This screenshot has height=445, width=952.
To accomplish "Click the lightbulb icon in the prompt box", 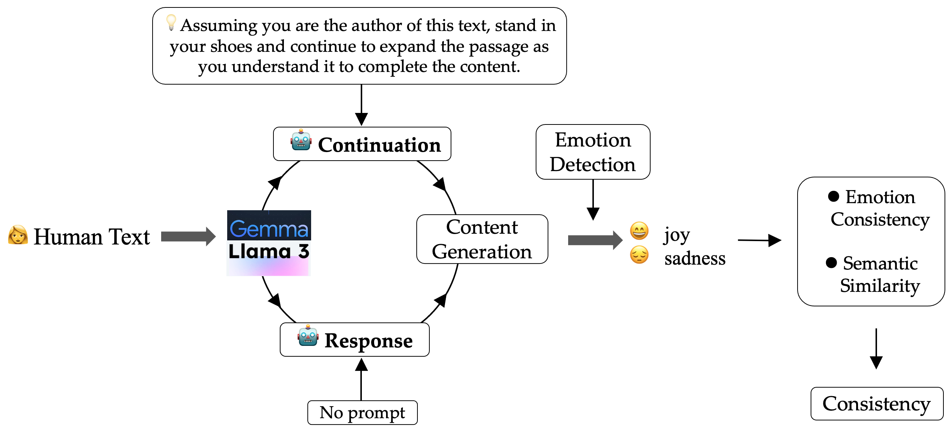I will click(171, 22).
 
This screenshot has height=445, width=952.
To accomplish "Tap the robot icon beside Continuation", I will click(301, 141).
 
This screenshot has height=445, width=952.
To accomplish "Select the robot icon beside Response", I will click(308, 336).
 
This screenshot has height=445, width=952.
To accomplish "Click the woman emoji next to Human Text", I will click(18, 235).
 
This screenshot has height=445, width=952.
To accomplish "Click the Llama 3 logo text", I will click(269, 251).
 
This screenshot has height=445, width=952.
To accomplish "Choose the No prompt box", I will click(362, 413).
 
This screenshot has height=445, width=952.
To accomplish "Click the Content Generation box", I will click(482, 239).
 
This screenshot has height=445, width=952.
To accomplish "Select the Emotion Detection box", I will click(593, 152).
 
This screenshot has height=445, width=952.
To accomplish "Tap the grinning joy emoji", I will click(639, 231).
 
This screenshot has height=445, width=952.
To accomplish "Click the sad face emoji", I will click(639, 255).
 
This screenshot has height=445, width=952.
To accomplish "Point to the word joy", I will click(677, 235).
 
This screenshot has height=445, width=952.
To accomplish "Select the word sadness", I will click(695, 258).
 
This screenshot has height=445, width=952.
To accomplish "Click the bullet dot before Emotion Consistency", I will click(833, 196).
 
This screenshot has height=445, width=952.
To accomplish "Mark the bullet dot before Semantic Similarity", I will click(831, 263).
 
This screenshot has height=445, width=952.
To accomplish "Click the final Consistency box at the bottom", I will click(877, 404).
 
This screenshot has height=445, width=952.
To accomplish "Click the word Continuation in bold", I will click(379, 145).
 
